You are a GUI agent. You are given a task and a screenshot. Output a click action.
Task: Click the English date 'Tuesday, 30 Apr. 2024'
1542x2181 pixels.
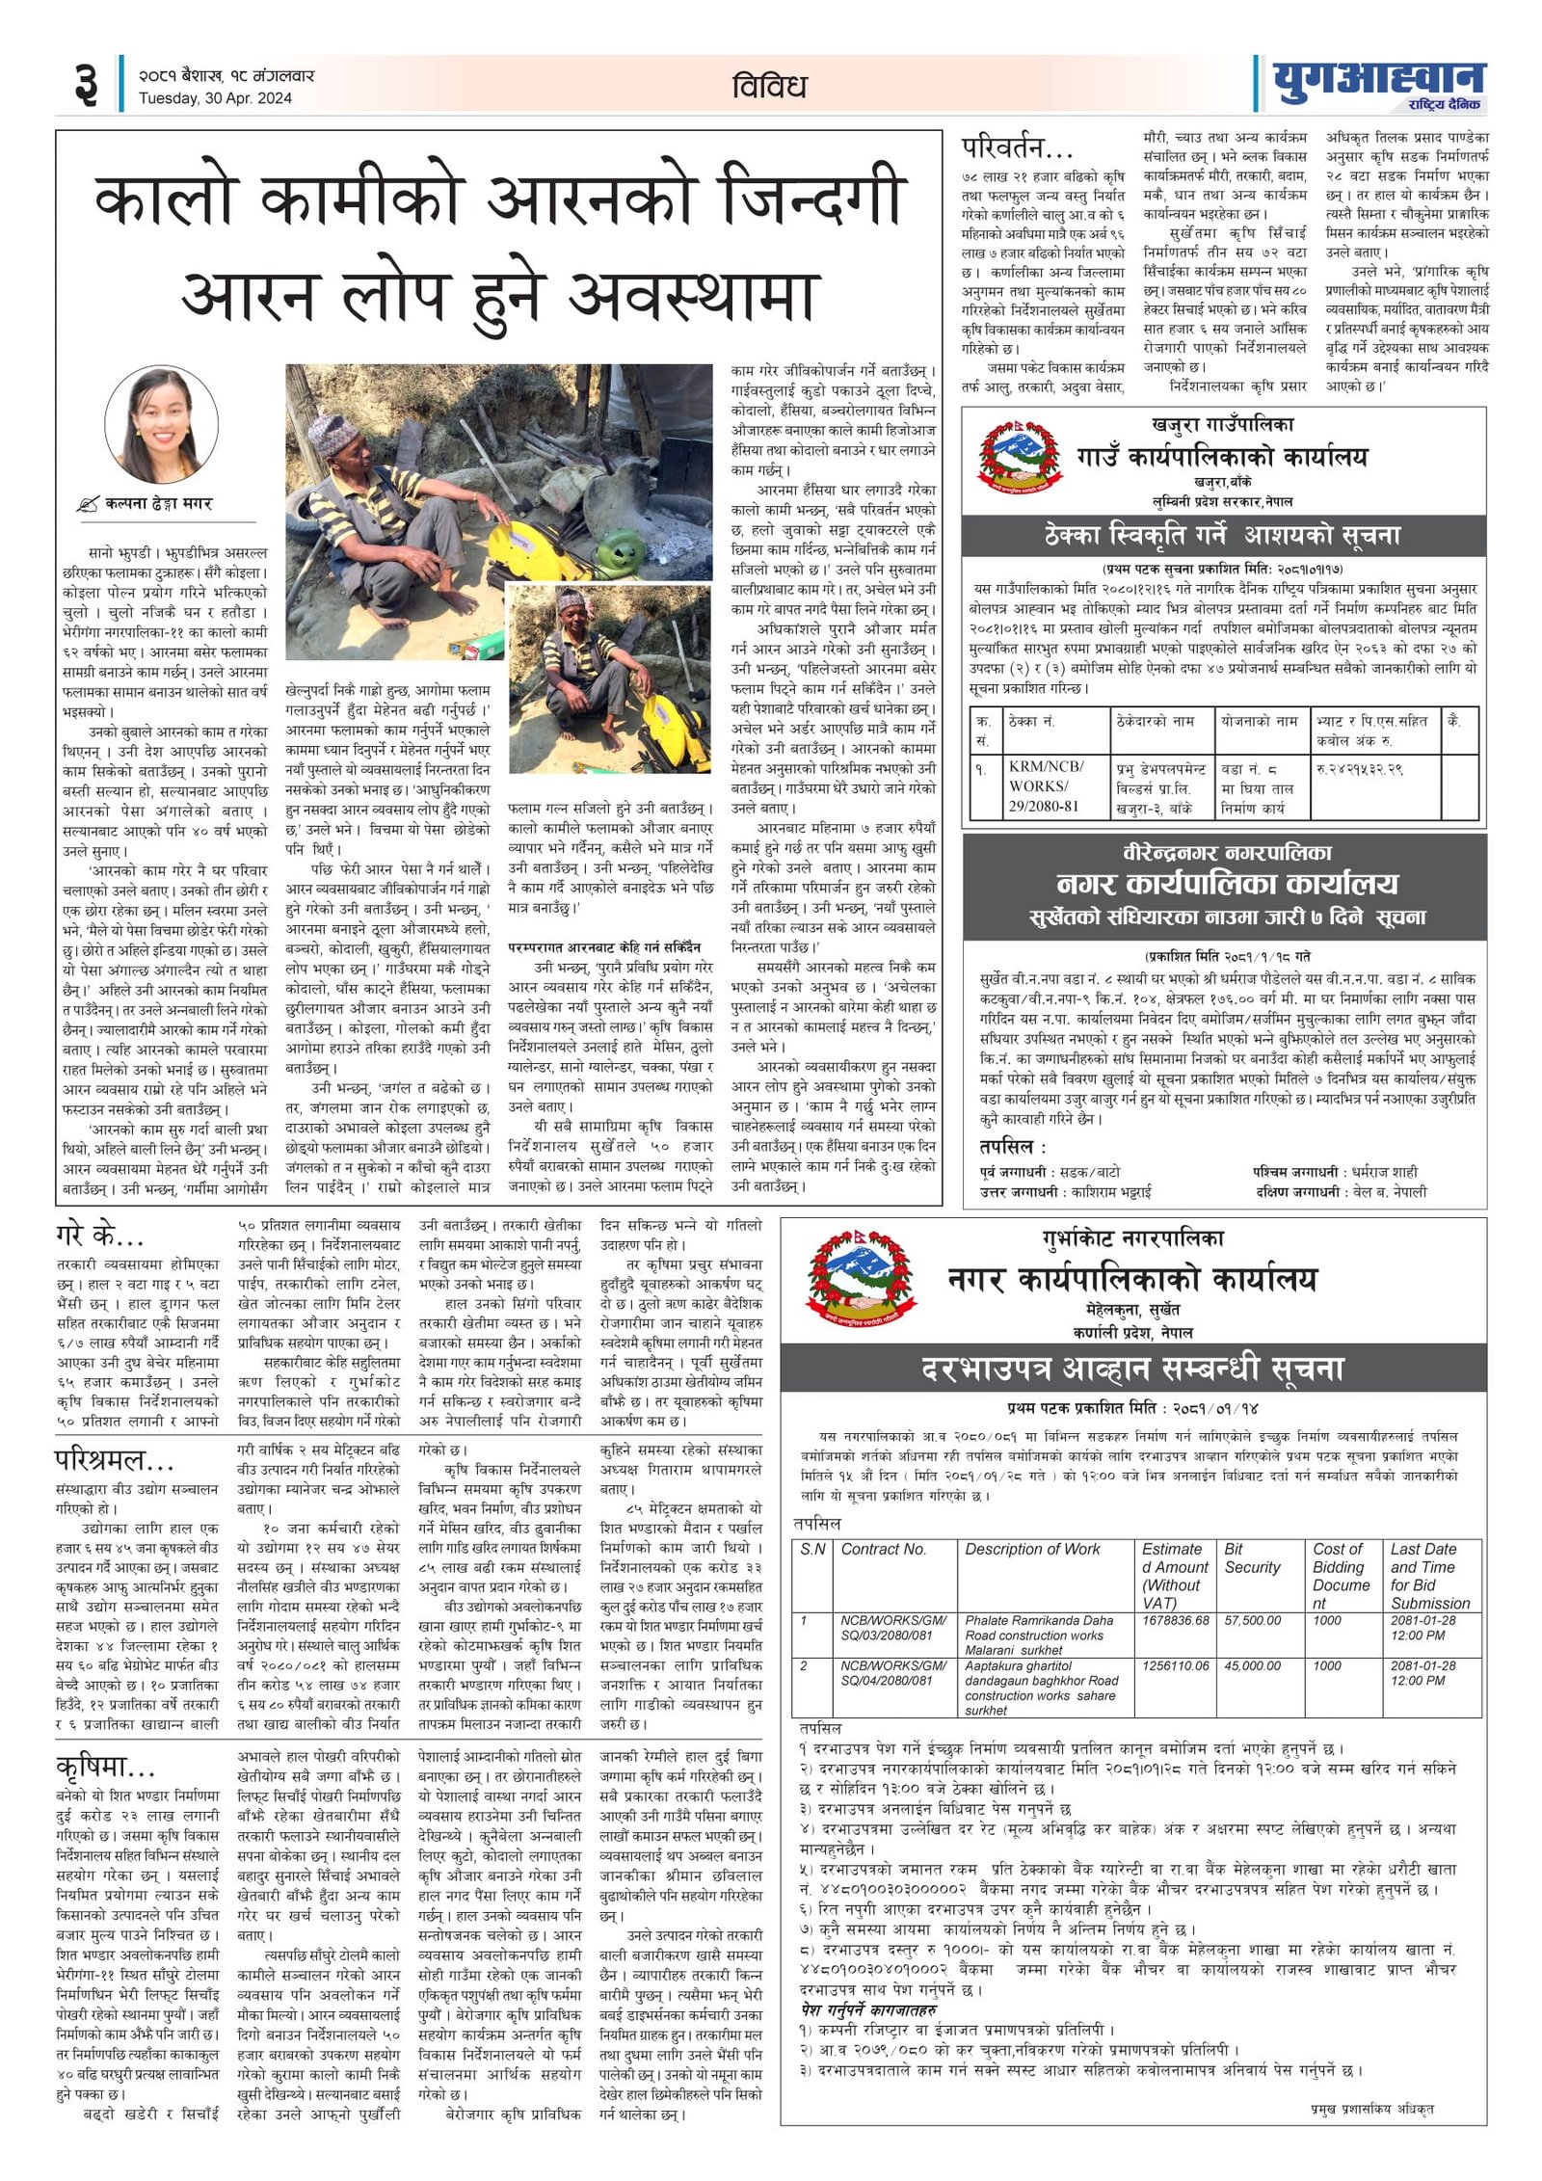point(214,97)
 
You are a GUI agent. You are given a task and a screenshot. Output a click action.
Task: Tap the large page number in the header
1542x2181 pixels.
point(86,83)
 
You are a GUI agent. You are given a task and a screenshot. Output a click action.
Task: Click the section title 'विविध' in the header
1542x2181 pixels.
point(768,87)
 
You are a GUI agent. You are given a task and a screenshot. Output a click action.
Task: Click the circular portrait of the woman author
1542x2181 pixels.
point(160,424)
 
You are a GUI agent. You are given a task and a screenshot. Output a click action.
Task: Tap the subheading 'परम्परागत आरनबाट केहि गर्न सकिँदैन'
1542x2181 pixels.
point(604,947)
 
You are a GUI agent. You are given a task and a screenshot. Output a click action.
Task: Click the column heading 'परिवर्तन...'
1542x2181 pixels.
point(1018,148)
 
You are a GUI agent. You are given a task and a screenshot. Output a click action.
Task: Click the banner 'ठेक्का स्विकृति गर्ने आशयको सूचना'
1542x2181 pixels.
point(1223,535)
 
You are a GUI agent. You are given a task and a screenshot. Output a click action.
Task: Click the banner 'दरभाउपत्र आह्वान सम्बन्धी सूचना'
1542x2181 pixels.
point(1131,1369)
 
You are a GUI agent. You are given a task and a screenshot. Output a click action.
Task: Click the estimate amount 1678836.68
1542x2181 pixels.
point(1175,1620)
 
